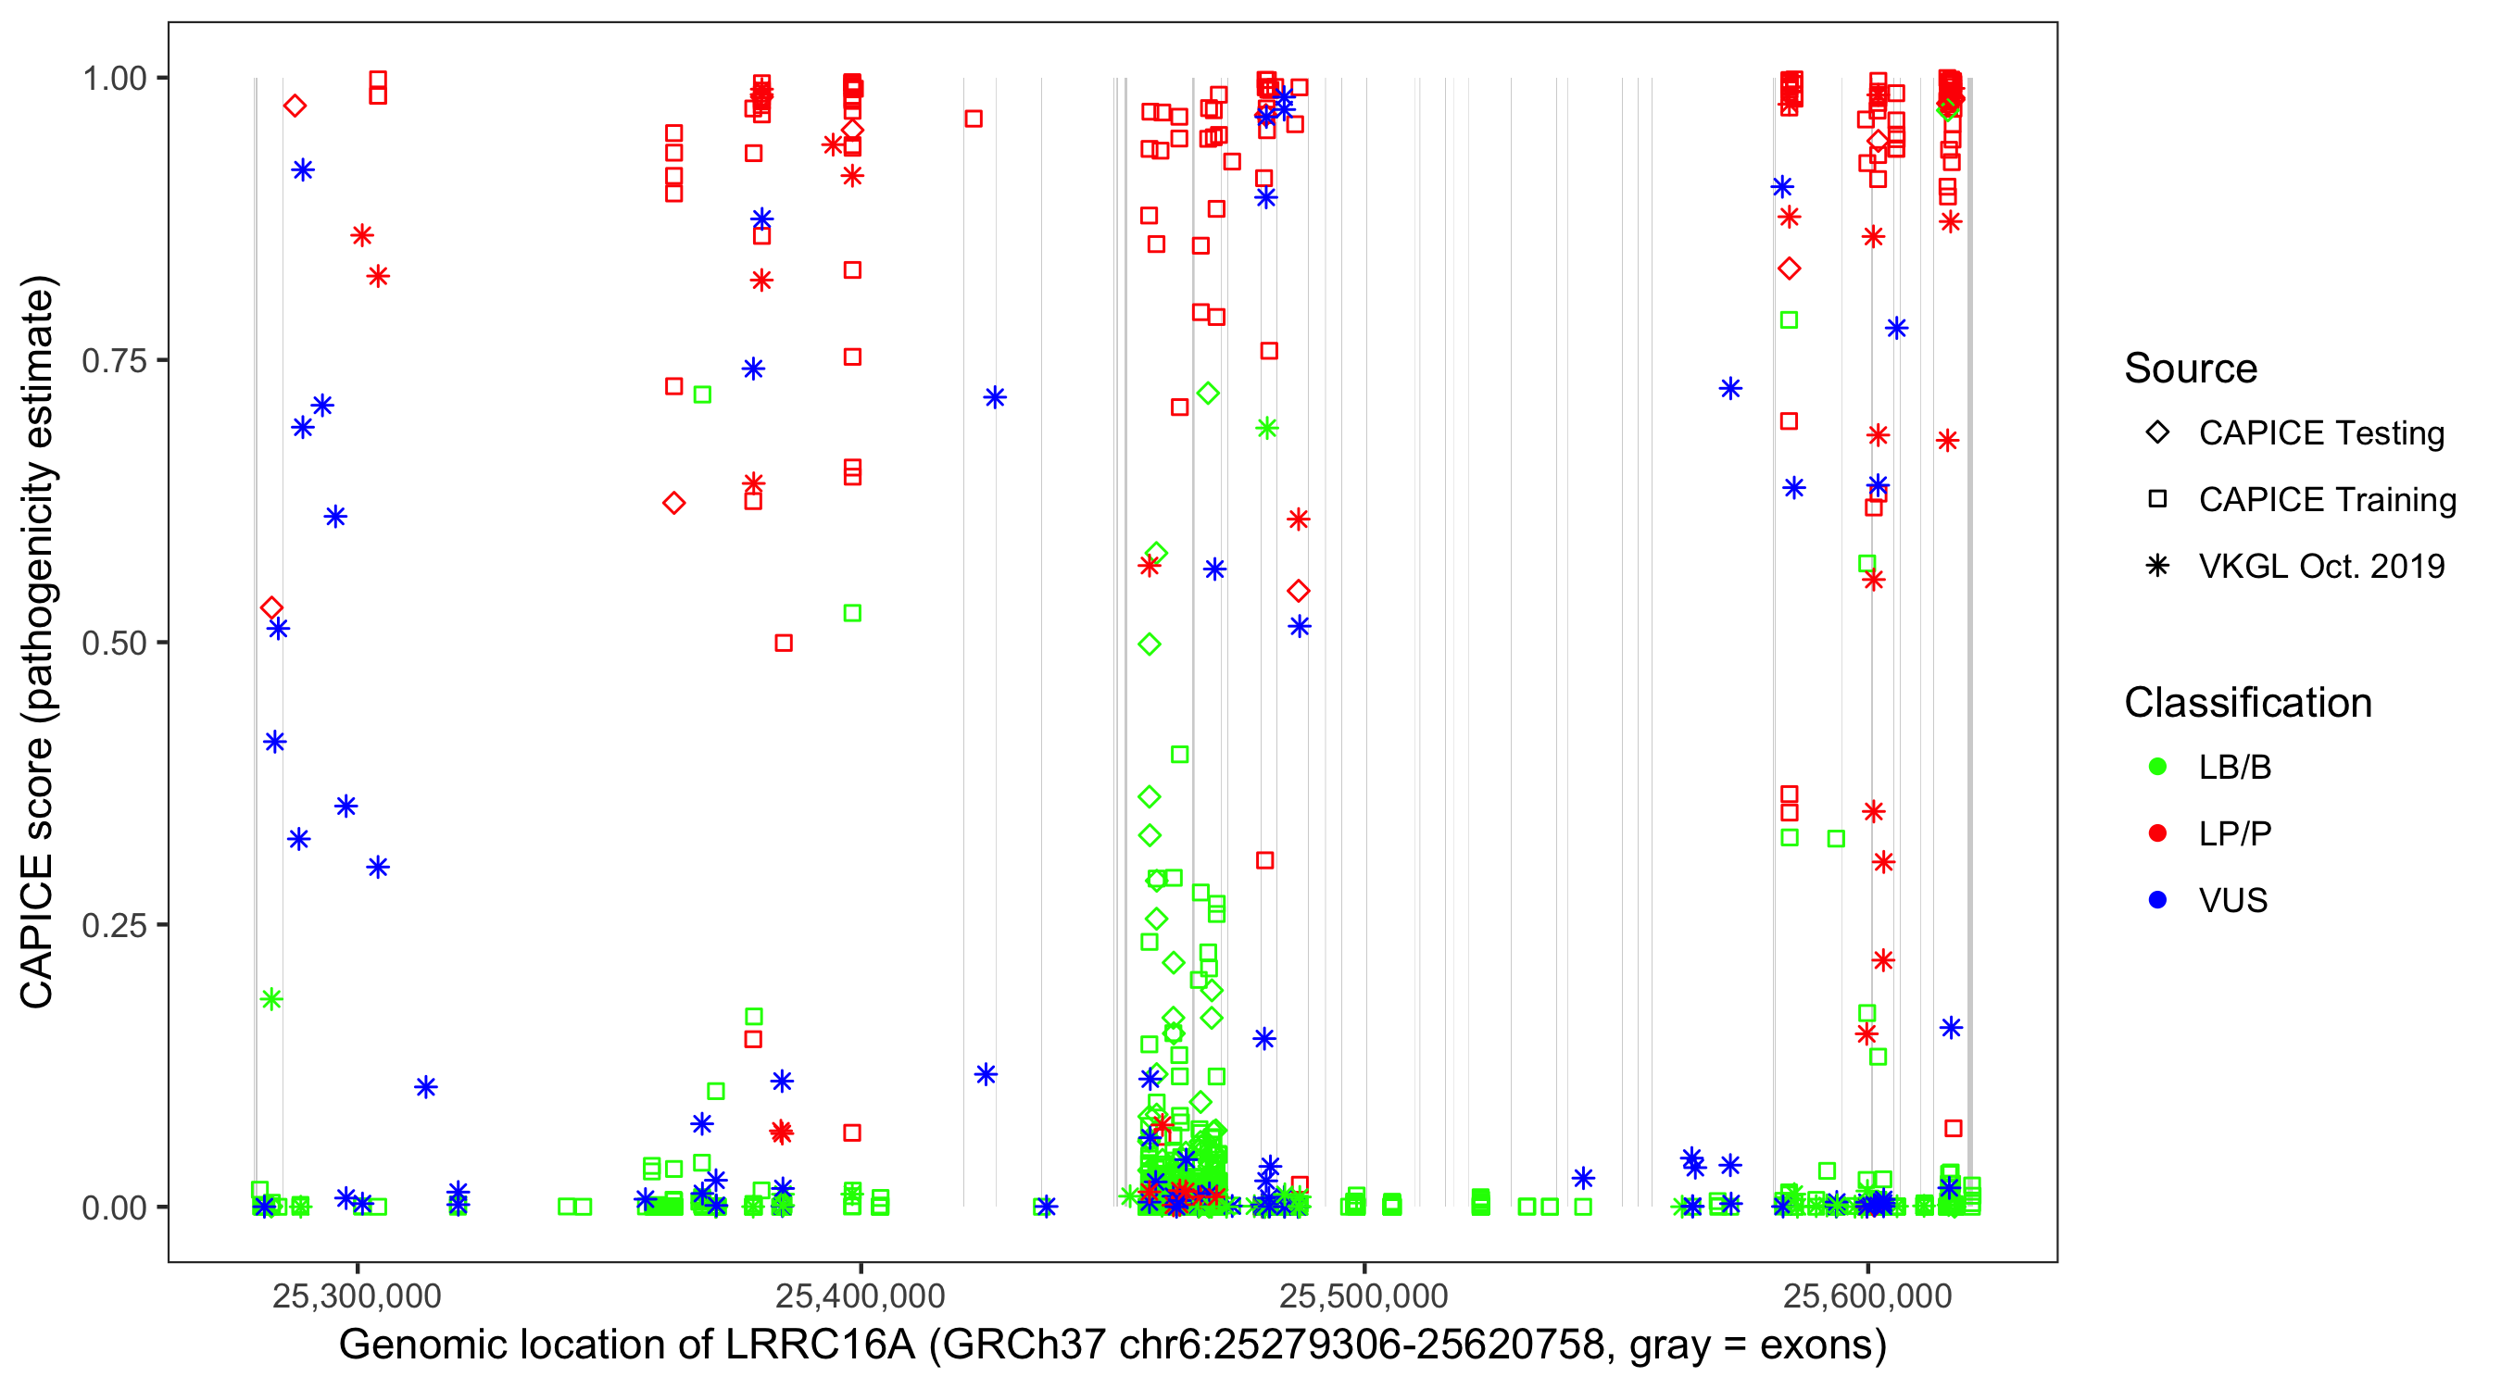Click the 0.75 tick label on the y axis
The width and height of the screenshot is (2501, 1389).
pos(113,360)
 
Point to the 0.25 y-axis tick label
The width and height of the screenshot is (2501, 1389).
pos(113,925)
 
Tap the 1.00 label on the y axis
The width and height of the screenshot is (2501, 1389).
pos(113,78)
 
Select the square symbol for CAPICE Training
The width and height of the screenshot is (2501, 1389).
pos(2157,499)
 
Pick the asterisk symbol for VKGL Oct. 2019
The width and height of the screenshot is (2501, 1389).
pos(2157,566)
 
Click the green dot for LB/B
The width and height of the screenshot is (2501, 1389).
pos(2157,767)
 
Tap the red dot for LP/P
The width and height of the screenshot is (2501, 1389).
pos(2157,833)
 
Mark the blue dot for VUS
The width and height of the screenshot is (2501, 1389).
pos(2157,900)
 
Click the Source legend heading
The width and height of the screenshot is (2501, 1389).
pos(2191,369)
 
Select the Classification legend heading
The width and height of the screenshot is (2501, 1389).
pos(2247,703)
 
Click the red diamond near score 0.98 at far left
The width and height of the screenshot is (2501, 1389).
pos(295,106)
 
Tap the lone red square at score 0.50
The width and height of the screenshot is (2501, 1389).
pos(784,643)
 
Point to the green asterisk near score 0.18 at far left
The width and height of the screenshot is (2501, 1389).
pos(270,999)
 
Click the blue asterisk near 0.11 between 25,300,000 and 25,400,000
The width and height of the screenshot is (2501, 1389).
pos(425,1087)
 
